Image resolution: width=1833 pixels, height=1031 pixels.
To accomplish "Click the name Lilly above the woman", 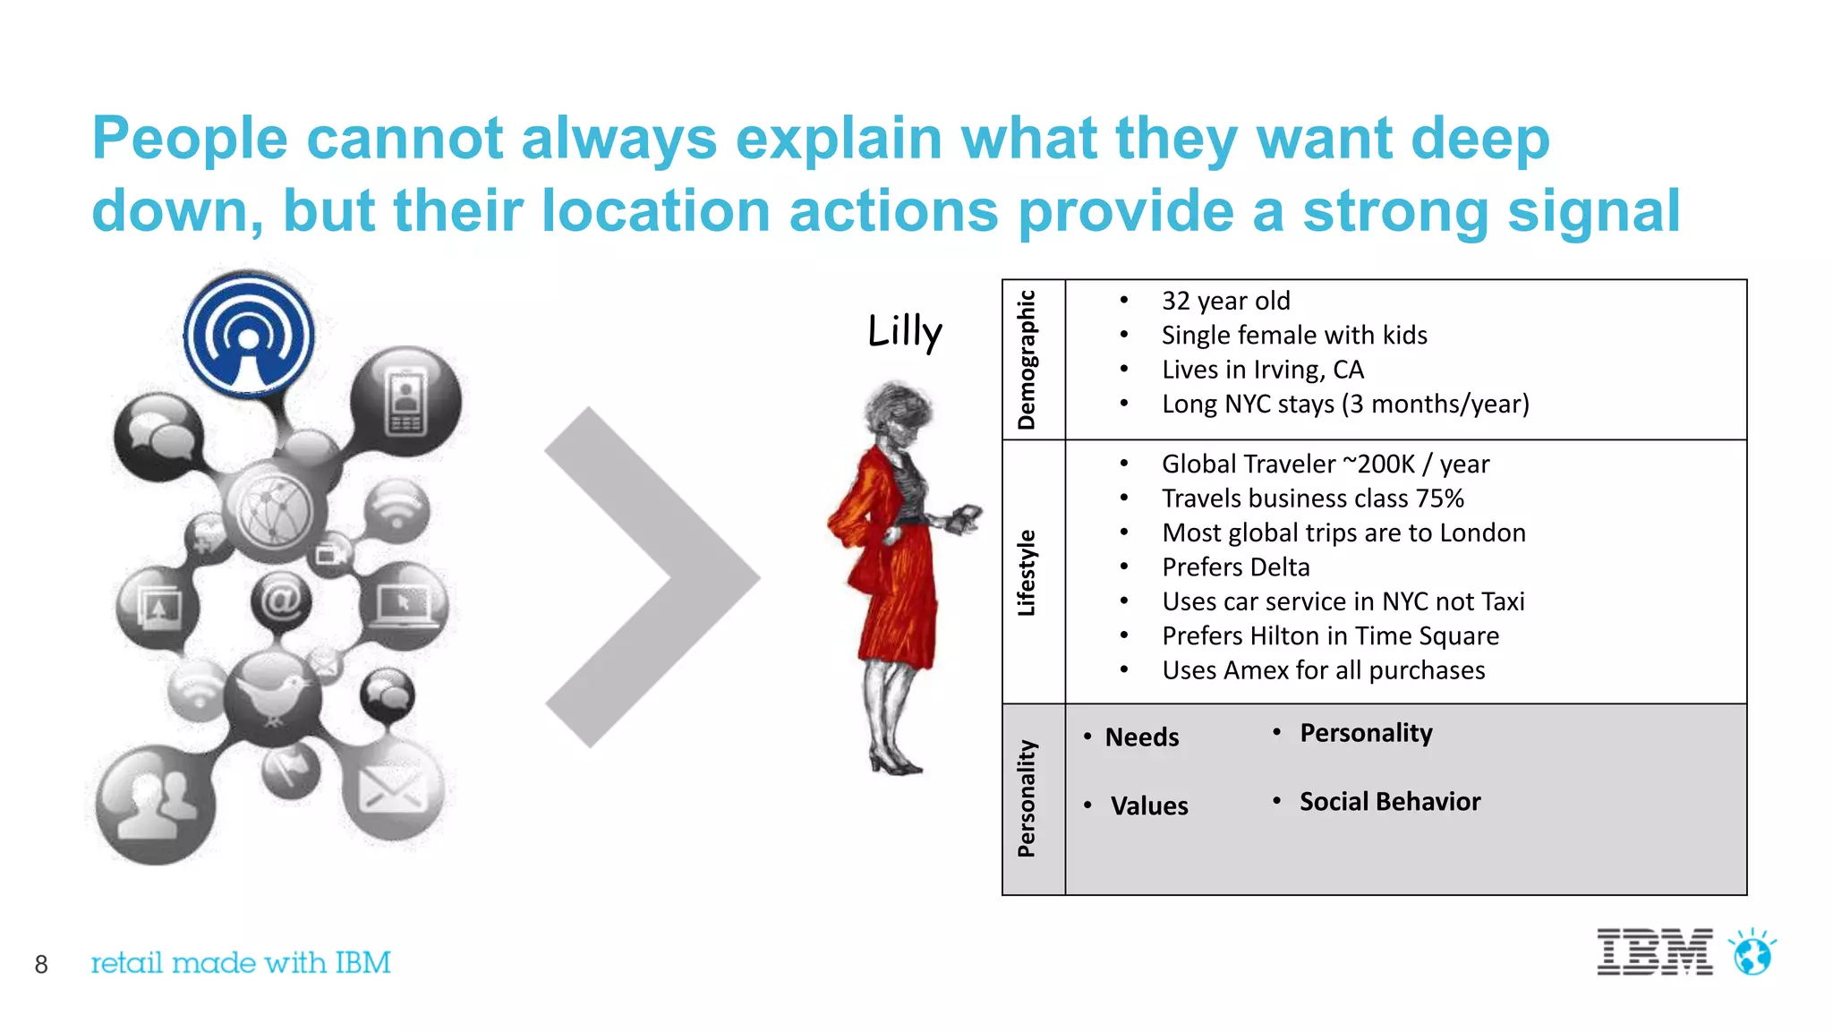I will tap(905, 331).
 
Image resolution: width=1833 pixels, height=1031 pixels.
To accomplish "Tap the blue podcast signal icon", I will tap(249, 335).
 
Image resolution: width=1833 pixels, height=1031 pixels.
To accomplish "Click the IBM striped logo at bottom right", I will tap(1654, 952).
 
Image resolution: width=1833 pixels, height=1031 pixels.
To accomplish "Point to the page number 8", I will tap(41, 964).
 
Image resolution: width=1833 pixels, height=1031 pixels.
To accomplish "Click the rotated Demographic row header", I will tap(1027, 360).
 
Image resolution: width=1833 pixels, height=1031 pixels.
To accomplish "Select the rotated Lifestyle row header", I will tap(1027, 573).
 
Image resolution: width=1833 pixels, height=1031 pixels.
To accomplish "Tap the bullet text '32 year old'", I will tap(1225, 301).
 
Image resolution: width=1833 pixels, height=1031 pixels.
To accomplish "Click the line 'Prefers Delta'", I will tap(1235, 567).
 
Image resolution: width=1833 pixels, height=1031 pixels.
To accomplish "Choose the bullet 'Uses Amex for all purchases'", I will tap(1323, 670).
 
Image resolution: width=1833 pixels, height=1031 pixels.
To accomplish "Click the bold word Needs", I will tap(1142, 737).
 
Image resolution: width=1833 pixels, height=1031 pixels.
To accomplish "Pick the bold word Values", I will tap(1149, 806).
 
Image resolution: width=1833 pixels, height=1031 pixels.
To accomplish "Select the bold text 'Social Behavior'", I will tap(1389, 802).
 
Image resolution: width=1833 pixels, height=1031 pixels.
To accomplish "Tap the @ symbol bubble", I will tap(281, 601).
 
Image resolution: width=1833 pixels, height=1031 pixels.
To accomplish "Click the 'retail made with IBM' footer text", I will tap(241, 963).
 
